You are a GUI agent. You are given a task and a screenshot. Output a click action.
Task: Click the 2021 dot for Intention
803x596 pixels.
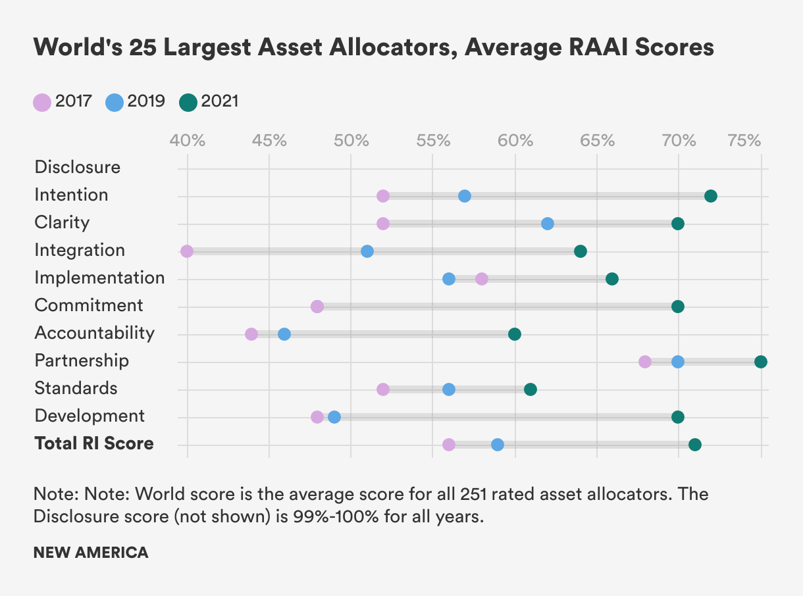pyautogui.click(x=710, y=196)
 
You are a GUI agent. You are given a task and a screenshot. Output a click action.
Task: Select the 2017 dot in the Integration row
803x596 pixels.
pyautogui.click(x=187, y=251)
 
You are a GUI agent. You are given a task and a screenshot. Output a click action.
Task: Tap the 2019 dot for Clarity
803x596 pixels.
pyautogui.click(x=548, y=224)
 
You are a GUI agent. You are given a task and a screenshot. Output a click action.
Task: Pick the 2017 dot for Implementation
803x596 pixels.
pyautogui.click(x=482, y=279)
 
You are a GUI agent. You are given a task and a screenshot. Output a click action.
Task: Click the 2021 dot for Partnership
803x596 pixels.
pyautogui.click(x=761, y=362)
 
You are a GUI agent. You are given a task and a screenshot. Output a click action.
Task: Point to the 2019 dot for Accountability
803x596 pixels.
pyautogui.click(x=284, y=334)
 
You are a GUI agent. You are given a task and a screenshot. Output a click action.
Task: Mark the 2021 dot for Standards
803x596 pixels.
pyautogui.click(x=531, y=389)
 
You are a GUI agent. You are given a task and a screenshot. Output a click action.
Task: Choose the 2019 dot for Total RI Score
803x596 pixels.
pyautogui.click(x=498, y=445)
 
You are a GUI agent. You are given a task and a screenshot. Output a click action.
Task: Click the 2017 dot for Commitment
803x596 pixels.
pyautogui.click(x=317, y=307)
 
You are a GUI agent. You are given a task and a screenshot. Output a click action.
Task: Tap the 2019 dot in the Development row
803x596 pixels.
pyautogui.click(x=334, y=417)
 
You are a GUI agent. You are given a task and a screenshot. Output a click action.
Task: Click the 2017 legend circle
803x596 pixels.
pyautogui.click(x=41, y=102)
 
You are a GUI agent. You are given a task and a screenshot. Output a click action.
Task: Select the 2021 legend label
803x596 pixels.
pyautogui.click(x=220, y=101)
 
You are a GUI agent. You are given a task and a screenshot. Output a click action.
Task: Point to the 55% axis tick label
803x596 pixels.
pyautogui.click(x=433, y=141)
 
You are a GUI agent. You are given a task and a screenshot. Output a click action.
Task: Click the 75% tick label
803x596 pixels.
pyautogui.click(x=744, y=141)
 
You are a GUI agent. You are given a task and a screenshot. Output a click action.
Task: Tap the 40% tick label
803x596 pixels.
pyautogui.click(x=188, y=141)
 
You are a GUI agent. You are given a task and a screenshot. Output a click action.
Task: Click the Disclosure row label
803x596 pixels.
pyautogui.click(x=78, y=167)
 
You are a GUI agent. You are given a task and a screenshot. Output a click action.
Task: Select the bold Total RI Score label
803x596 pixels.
pyautogui.click(x=94, y=444)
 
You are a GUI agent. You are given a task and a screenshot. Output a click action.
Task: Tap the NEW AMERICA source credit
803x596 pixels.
pyautogui.click(x=91, y=553)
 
